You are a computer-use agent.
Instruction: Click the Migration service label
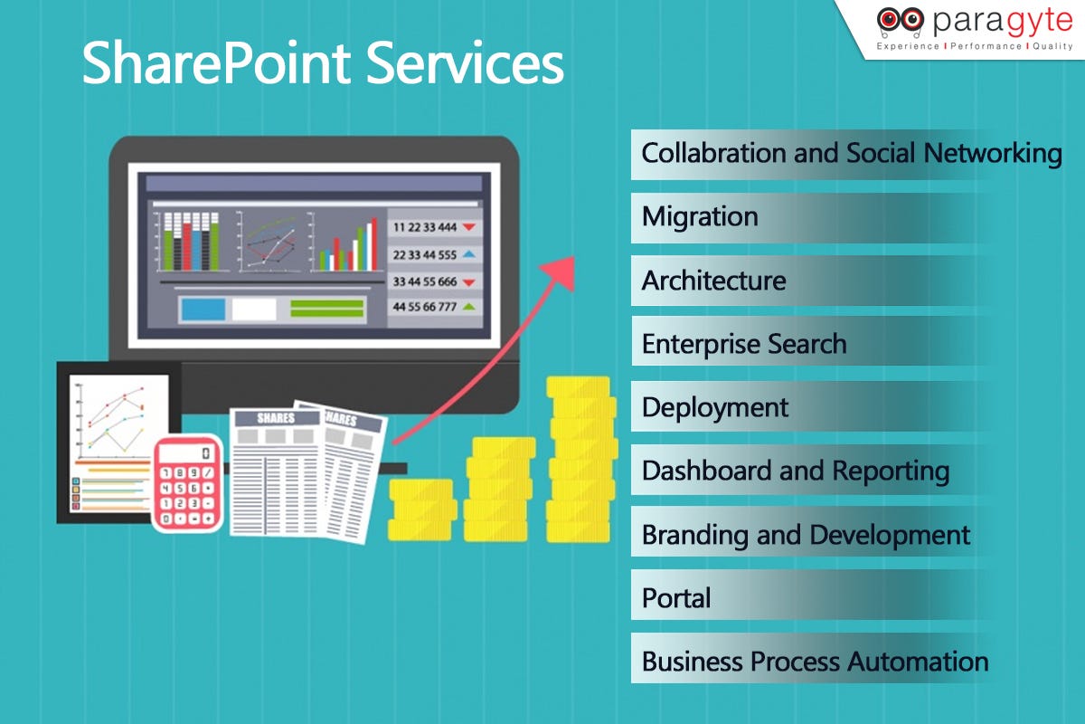point(700,217)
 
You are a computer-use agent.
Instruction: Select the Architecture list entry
point(713,281)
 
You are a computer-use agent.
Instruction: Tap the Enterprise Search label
point(743,344)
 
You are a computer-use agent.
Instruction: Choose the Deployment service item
point(715,407)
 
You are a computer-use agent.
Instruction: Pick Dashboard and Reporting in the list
point(795,471)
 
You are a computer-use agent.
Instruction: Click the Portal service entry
point(676,598)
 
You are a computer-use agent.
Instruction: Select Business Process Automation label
point(814,662)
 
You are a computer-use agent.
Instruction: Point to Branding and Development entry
point(805,535)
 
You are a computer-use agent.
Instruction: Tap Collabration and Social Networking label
point(851,153)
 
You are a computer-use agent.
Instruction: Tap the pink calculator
point(187,483)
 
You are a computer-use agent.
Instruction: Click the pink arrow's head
point(561,270)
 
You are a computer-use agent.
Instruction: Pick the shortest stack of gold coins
point(421,510)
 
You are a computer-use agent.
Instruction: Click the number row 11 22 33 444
point(426,227)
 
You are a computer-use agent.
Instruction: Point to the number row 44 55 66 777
point(426,307)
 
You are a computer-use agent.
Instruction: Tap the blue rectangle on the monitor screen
point(203,310)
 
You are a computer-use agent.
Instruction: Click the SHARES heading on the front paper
point(276,418)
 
